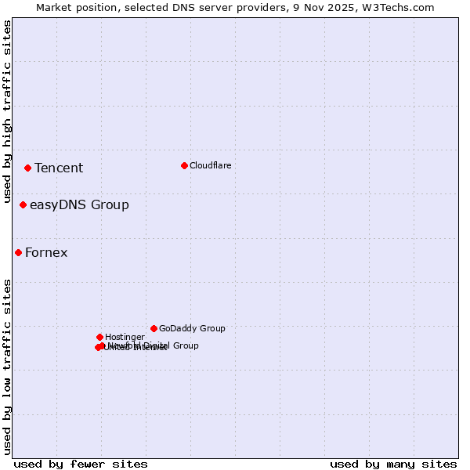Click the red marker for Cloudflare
click(184, 165)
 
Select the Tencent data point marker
click(27, 168)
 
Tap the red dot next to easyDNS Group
click(23, 204)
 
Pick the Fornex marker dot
click(18, 252)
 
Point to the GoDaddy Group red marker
click(154, 328)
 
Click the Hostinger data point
click(99, 337)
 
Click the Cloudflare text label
click(211, 165)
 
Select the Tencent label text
click(59, 168)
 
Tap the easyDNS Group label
click(79, 205)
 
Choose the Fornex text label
click(46, 252)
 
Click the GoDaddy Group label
click(192, 328)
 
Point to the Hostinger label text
click(125, 337)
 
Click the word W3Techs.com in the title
click(401, 7)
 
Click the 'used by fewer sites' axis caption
click(81, 464)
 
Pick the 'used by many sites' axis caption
click(393, 464)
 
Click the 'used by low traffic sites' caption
click(7, 366)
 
